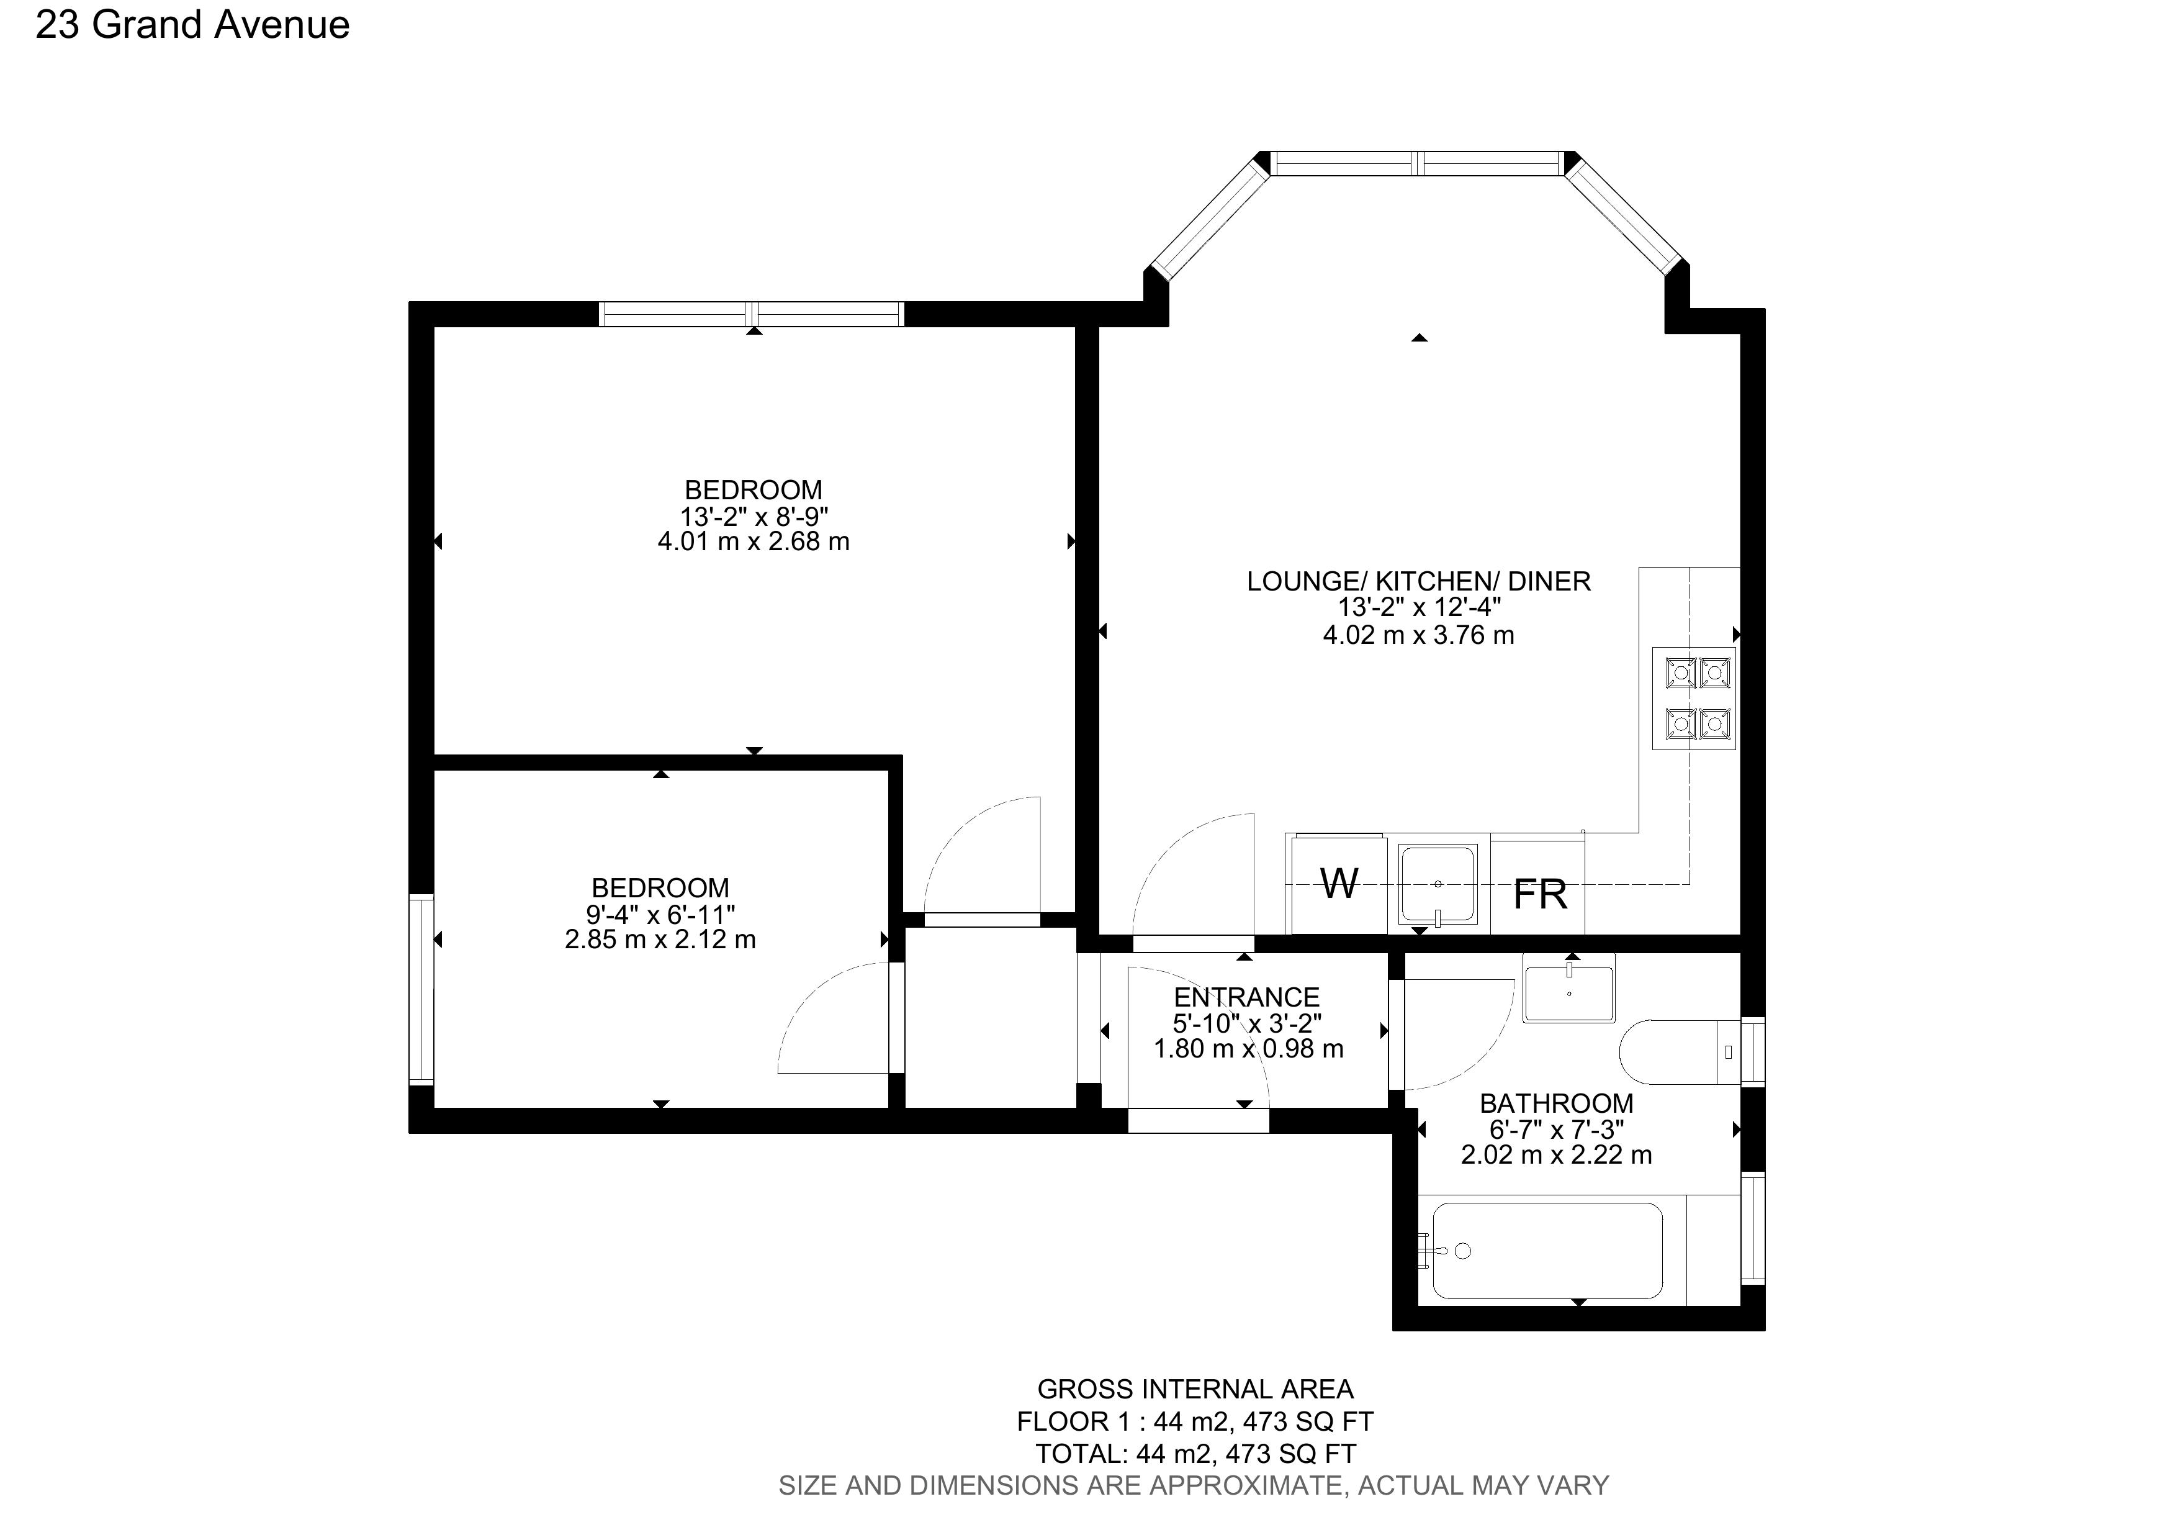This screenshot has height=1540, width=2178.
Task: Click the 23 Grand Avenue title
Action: click(192, 25)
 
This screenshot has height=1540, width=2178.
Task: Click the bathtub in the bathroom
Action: click(1546, 1251)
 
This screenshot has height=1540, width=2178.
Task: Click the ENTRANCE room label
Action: click(1246, 997)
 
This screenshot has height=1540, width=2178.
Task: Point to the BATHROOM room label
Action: click(1555, 1103)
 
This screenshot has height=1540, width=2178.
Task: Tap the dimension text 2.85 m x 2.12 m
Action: click(660, 940)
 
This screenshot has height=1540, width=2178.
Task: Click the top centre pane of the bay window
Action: click(1418, 163)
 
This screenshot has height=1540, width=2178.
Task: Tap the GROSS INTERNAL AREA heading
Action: click(1194, 1389)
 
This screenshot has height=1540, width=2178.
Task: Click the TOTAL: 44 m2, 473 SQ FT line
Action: click(1194, 1454)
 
